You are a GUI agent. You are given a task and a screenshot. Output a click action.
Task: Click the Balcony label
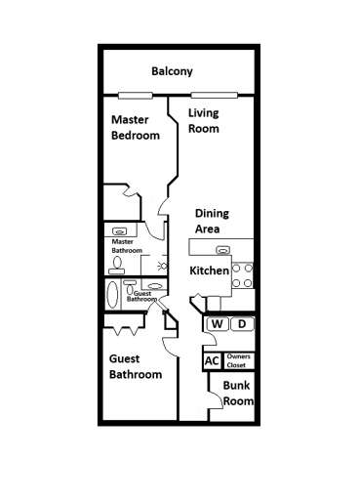tap(172, 71)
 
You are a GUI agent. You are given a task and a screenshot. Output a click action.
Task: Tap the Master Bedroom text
tap(135, 127)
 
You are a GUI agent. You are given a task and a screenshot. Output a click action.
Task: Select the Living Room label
tap(203, 120)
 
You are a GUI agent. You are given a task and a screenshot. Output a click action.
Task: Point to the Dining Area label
tap(212, 220)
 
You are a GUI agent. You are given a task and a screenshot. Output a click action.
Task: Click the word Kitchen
tap(209, 271)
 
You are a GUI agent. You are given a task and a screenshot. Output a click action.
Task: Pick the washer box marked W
tap(217, 324)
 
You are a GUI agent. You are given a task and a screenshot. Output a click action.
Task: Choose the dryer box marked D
tap(243, 324)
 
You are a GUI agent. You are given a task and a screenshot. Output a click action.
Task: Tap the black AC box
tap(212, 360)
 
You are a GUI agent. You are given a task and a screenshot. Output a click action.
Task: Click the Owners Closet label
tap(239, 360)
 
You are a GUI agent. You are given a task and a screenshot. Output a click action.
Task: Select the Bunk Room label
tap(238, 394)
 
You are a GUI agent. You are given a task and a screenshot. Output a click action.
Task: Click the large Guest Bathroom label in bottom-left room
tap(135, 366)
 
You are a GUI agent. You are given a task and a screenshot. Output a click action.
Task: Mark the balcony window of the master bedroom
tap(135, 95)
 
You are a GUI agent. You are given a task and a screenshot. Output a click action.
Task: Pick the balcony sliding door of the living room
tap(215, 95)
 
